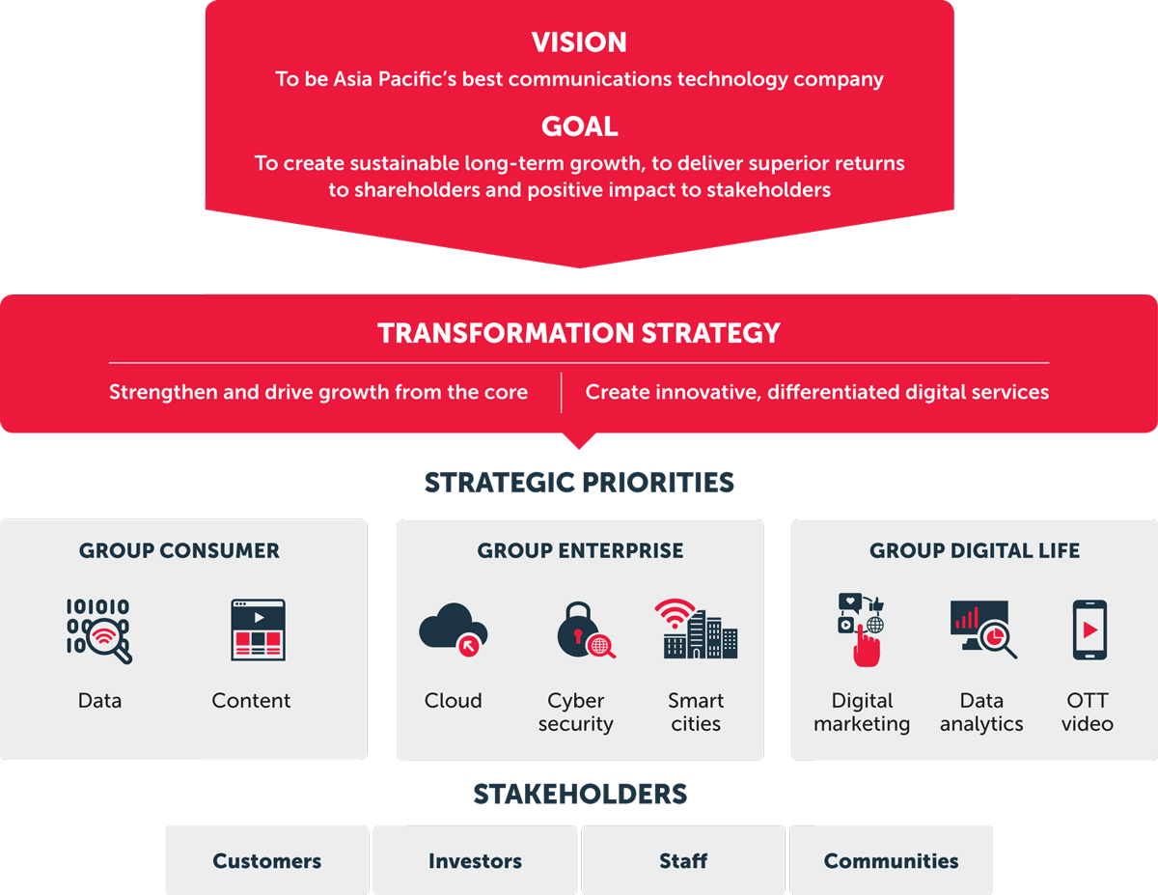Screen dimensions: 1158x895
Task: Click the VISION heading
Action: tap(579, 42)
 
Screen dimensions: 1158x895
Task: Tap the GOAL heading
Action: tap(580, 126)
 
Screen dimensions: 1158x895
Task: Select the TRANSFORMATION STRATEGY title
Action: tap(579, 333)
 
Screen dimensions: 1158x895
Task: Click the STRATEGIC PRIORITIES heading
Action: tap(579, 483)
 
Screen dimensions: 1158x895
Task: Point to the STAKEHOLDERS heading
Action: tap(580, 794)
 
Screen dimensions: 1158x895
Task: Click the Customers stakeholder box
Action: tap(267, 860)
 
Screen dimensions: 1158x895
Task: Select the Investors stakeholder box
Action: tap(475, 860)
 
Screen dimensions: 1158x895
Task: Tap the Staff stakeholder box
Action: tap(683, 860)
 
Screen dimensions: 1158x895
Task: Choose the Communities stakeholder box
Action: tap(891, 860)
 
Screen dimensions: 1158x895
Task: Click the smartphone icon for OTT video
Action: tap(1089, 629)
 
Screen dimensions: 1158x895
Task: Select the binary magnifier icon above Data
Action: tap(99, 630)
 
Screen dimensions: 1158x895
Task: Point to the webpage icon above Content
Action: tap(258, 629)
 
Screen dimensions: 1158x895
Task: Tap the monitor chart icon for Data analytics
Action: tap(983, 629)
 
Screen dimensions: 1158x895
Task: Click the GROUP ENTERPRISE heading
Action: tap(580, 550)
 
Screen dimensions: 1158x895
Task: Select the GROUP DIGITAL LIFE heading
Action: tap(975, 550)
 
